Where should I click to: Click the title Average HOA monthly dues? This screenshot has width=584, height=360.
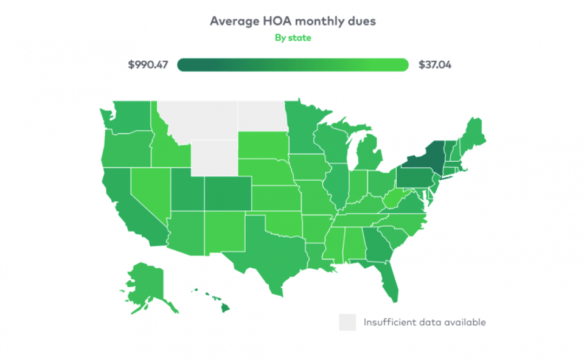point(293,21)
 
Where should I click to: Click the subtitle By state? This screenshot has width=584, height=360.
point(293,38)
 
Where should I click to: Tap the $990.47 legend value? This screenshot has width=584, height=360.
point(148,64)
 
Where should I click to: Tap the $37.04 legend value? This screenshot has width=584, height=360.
point(434,64)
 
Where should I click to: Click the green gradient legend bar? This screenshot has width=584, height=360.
point(293,64)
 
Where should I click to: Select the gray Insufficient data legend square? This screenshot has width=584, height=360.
point(347,322)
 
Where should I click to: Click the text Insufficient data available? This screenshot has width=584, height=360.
point(425,322)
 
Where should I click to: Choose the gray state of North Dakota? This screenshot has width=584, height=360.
point(260,116)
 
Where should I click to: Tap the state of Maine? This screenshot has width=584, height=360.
point(474,134)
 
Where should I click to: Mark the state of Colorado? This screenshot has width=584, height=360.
point(227,193)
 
